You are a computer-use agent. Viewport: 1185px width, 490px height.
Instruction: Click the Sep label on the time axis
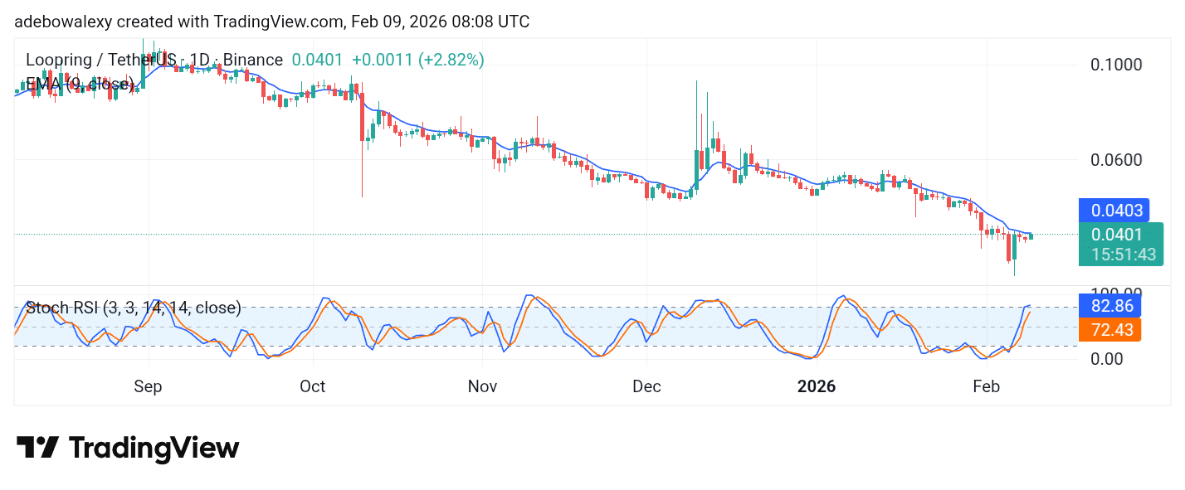point(149,386)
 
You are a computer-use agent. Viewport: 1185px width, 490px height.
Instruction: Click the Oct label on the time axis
point(313,386)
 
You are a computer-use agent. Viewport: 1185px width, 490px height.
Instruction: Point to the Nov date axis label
point(482,386)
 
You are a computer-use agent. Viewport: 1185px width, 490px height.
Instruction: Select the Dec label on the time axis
point(646,386)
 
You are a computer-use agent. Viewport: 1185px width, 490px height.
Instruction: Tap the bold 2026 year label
point(817,386)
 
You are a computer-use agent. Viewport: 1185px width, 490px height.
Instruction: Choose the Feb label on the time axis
point(985,386)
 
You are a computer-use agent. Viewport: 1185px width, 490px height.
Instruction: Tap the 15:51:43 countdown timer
point(1123,255)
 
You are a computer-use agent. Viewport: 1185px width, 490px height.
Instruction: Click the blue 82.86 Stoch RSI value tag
point(1109,305)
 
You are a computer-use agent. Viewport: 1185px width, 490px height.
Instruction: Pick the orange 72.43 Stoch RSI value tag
point(1109,330)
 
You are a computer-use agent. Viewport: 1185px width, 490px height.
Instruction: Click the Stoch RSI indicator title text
point(133,308)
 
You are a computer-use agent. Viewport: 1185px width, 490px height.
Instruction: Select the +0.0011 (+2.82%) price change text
point(417,60)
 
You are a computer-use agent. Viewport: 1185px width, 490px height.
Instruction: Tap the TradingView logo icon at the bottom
point(37,448)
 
